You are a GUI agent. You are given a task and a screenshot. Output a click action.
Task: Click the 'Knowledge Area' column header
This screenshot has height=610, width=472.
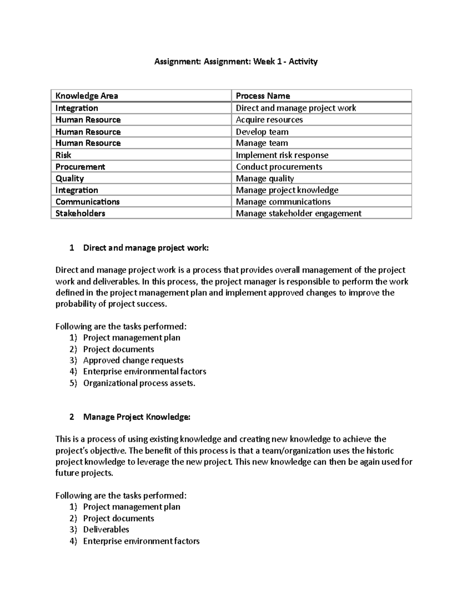(87, 96)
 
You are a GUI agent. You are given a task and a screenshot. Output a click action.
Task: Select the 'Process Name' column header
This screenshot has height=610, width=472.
(263, 96)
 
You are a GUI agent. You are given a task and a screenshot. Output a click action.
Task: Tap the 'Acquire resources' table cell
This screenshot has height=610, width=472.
(269, 120)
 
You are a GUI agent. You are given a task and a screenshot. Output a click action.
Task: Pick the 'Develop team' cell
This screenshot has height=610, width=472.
(262, 132)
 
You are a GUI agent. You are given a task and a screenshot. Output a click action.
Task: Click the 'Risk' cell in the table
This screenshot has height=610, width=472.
(63, 155)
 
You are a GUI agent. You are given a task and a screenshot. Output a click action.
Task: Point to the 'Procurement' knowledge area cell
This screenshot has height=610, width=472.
(80, 167)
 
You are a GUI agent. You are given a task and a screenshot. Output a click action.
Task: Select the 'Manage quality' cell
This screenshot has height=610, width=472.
(265, 179)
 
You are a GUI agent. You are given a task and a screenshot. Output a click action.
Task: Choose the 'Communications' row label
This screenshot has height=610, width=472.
(87, 202)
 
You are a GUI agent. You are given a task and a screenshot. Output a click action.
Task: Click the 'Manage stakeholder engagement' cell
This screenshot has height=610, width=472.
(298, 213)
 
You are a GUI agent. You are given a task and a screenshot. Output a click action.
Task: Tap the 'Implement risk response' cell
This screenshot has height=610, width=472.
(282, 155)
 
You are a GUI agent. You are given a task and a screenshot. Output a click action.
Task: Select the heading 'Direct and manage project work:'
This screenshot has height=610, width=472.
(146, 248)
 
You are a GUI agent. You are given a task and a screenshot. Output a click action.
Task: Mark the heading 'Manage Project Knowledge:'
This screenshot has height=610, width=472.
(136, 417)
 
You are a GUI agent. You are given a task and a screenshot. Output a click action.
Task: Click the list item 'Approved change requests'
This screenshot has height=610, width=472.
(133, 361)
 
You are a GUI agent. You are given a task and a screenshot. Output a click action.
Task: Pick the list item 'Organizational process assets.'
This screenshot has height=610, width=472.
(139, 383)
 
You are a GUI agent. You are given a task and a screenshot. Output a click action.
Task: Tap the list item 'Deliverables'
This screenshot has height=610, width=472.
(106, 529)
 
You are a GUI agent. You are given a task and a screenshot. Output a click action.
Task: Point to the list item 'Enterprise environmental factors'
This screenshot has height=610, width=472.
(144, 372)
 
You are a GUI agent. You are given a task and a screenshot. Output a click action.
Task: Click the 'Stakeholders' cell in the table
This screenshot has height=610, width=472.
(80, 213)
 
